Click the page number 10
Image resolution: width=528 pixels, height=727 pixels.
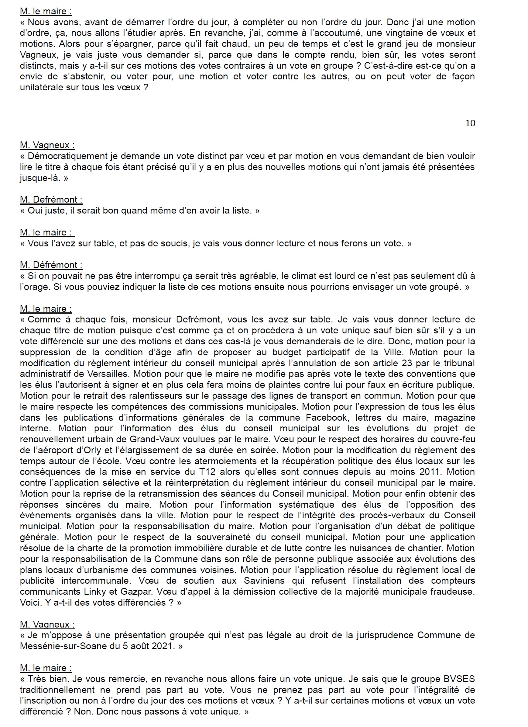coord(470,123)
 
